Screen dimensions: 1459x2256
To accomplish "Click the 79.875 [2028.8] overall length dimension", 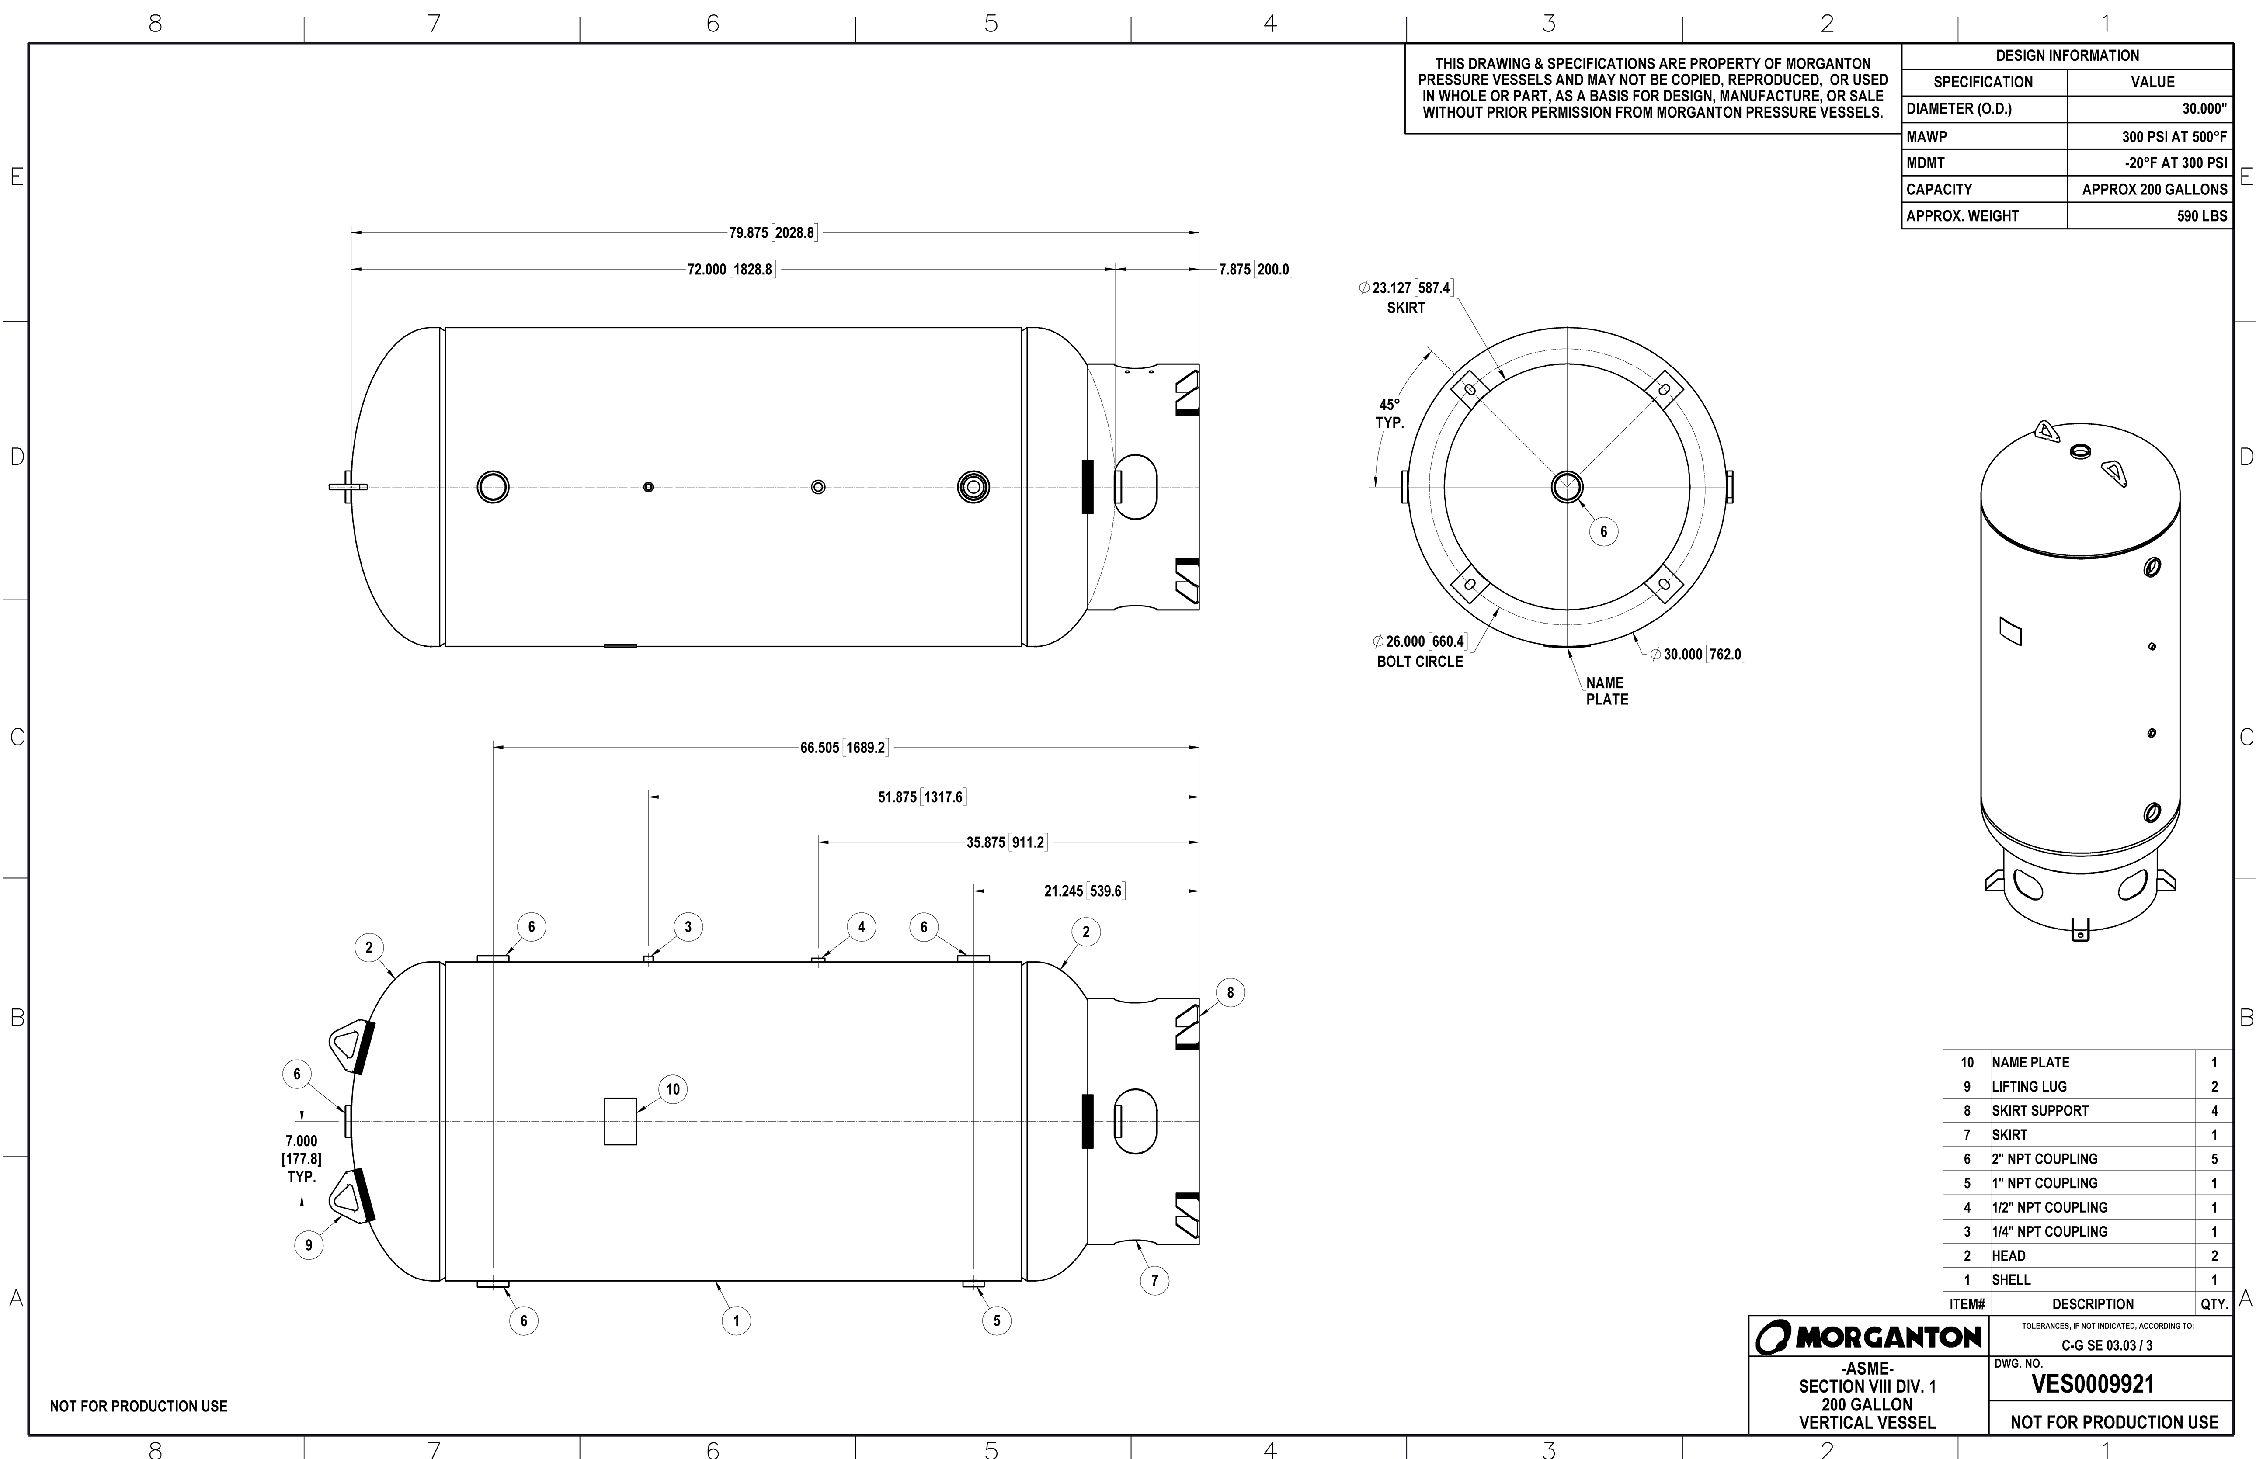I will click(772, 232).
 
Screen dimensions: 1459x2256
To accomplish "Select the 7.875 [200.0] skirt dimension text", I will click(1255, 269).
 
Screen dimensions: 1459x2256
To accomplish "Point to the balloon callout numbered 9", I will click(308, 1245).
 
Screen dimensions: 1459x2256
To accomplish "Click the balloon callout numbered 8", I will click(1230, 993).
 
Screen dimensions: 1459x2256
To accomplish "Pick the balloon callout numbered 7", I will click(1154, 1281).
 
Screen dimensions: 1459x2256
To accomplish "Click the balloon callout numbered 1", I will click(736, 1320).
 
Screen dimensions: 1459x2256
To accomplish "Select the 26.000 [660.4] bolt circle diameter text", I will click(1419, 641).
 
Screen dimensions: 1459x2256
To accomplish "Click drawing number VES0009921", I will click(2093, 1384).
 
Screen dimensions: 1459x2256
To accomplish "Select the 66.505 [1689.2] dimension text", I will click(843, 748).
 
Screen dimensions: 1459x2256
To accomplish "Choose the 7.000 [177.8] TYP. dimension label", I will click(301, 1158).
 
